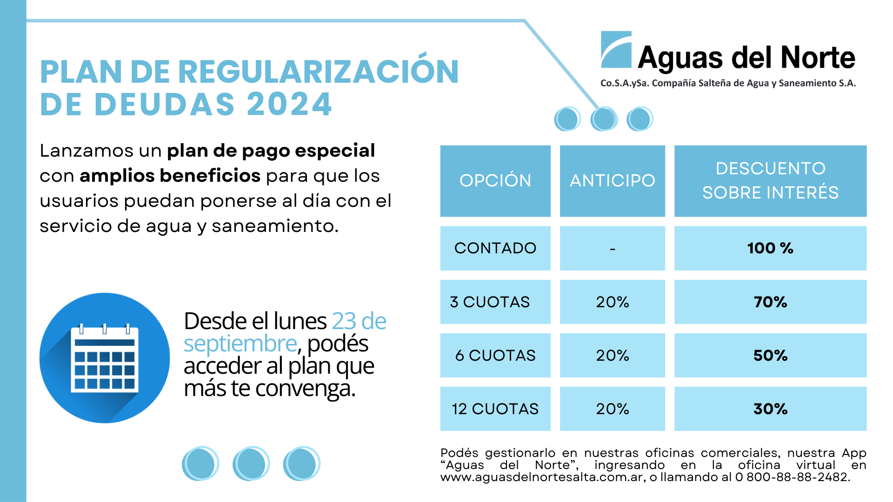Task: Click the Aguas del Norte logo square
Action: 616,50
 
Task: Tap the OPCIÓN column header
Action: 495,181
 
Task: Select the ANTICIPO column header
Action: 612,181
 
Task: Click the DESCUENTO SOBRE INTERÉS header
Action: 770,181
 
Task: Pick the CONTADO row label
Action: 495,248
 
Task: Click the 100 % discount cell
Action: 770,248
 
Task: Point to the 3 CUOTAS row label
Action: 490,302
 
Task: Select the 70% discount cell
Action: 770,302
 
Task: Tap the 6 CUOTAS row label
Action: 495,356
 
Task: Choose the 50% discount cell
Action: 770,356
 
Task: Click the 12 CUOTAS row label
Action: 495,409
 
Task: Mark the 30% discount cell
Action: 770,409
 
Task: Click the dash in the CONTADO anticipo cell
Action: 612,250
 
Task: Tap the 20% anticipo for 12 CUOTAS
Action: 612,409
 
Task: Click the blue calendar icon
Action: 105,358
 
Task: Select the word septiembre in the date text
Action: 240,344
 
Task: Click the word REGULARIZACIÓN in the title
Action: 318,72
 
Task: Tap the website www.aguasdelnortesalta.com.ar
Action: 542,477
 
